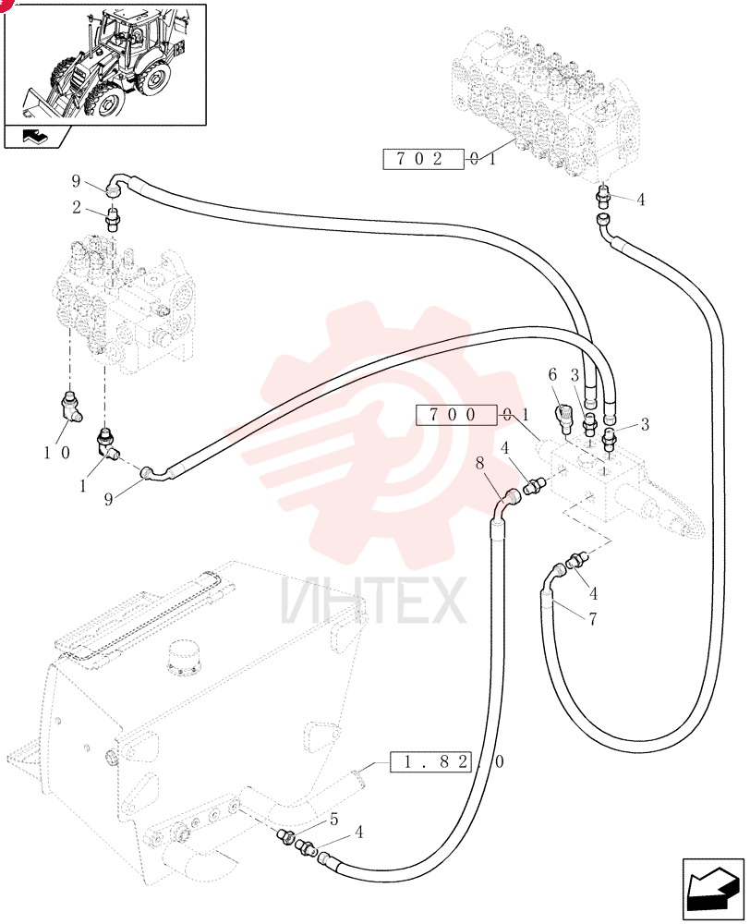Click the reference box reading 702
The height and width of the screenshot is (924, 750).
click(x=423, y=159)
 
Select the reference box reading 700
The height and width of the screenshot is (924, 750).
click(x=455, y=415)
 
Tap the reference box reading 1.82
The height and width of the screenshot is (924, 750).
click(x=429, y=762)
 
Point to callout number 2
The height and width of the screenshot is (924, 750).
click(x=77, y=207)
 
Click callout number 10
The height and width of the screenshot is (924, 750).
click(x=56, y=453)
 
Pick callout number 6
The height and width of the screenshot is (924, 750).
click(x=552, y=374)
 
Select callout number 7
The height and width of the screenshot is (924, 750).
click(x=593, y=618)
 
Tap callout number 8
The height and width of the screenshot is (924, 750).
click(x=479, y=463)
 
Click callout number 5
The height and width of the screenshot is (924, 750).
click(x=334, y=819)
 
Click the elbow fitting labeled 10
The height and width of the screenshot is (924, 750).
click(x=72, y=407)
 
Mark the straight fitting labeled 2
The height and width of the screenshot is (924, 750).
click(x=113, y=220)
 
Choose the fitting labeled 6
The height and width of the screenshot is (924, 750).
click(x=562, y=415)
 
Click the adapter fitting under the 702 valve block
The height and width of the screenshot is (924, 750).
click(x=603, y=196)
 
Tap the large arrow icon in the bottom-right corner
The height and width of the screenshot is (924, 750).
click(x=713, y=889)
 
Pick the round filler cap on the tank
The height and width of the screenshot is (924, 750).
click(x=185, y=658)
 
